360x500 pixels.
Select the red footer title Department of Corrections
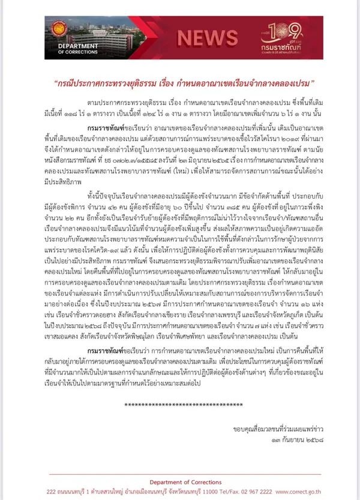179,482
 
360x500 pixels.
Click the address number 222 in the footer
52,491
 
